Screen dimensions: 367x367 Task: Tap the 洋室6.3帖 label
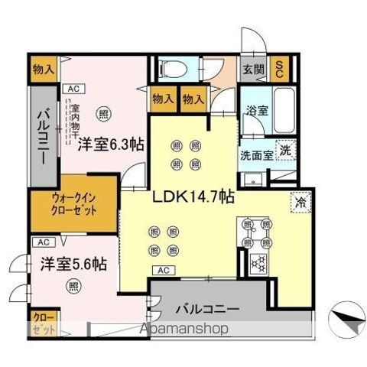coord(109,141)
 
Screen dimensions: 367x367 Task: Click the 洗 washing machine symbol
coord(284,150)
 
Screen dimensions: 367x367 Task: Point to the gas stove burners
coord(258,263)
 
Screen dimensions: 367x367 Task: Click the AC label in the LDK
coord(163,269)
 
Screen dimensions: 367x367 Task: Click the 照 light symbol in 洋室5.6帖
coord(73,287)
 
